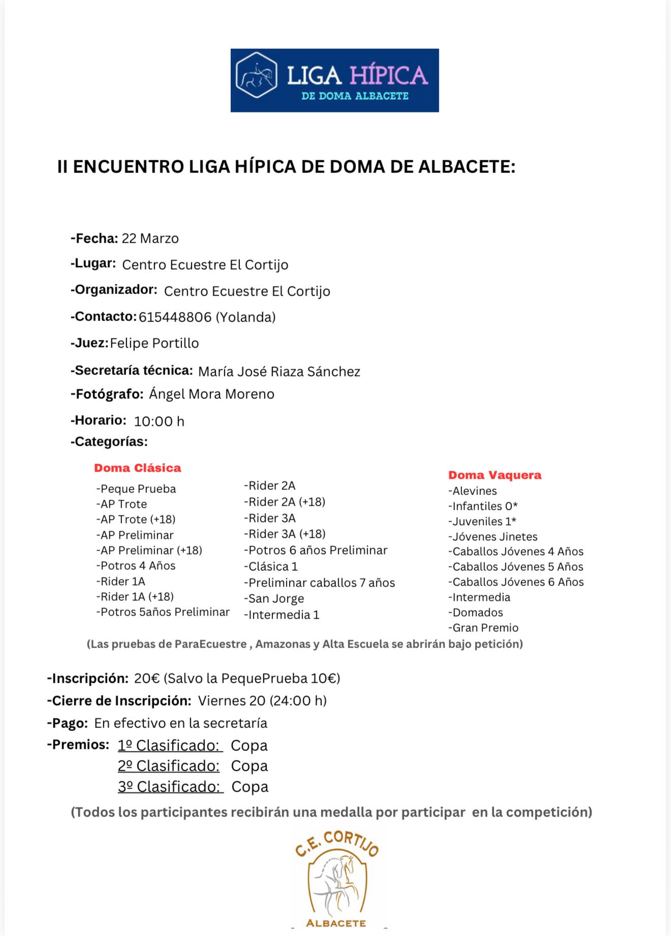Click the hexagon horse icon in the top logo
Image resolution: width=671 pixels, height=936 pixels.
point(257,76)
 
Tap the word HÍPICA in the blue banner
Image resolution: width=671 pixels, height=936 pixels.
point(388,76)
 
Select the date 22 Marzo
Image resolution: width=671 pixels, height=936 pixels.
point(150,239)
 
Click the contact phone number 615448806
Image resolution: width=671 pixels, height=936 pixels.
point(175,317)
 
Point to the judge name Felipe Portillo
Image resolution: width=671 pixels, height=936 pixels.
point(154,343)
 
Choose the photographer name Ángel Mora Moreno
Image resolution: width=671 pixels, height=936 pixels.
point(211,394)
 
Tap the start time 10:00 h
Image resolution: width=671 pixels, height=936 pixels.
point(159,421)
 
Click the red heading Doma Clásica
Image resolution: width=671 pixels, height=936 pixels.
point(137,468)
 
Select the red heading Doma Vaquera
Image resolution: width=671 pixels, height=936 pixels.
point(495,475)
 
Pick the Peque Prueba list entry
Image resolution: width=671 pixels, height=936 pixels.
point(136,489)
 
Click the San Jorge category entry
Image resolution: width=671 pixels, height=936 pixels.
point(274,599)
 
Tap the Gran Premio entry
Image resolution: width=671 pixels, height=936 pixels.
point(483,628)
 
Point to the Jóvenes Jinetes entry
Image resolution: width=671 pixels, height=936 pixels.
point(493,537)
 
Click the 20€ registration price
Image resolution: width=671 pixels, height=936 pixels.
point(147,679)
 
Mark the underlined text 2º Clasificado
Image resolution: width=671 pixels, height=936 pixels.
point(169,766)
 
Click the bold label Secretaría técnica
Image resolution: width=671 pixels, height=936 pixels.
point(132,370)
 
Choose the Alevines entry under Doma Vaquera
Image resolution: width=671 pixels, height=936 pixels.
point(473,491)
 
